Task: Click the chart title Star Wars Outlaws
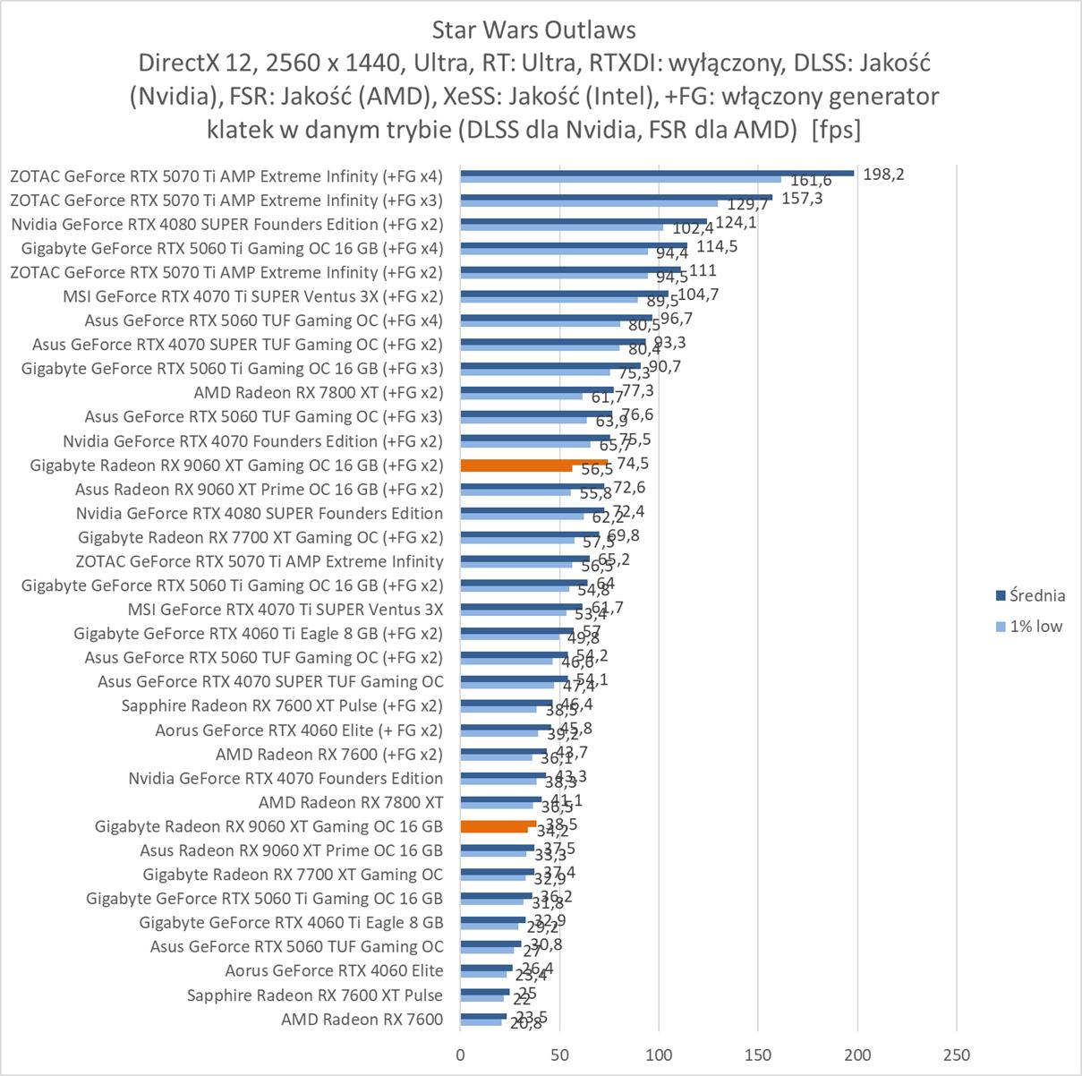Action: tap(533, 30)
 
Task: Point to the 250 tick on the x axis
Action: tap(957, 1055)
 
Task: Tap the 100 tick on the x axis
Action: tap(660, 1055)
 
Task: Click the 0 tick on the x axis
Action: tap(461, 1055)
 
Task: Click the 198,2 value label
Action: tap(883, 174)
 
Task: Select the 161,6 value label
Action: tap(811, 181)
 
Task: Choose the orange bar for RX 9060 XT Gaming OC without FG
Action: tap(498, 824)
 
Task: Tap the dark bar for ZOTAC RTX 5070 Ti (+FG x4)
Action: tap(657, 173)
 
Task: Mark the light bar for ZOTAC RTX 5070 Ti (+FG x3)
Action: tap(589, 203)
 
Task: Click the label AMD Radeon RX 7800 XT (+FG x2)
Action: tap(318, 392)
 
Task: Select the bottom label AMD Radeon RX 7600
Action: tap(362, 1019)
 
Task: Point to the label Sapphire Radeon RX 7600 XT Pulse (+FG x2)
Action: tap(282, 705)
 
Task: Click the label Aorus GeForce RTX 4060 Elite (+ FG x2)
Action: tap(299, 730)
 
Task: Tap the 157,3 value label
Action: tap(802, 198)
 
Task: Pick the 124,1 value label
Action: tap(736, 222)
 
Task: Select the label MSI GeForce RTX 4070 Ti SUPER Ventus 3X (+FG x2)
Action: tap(252, 296)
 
